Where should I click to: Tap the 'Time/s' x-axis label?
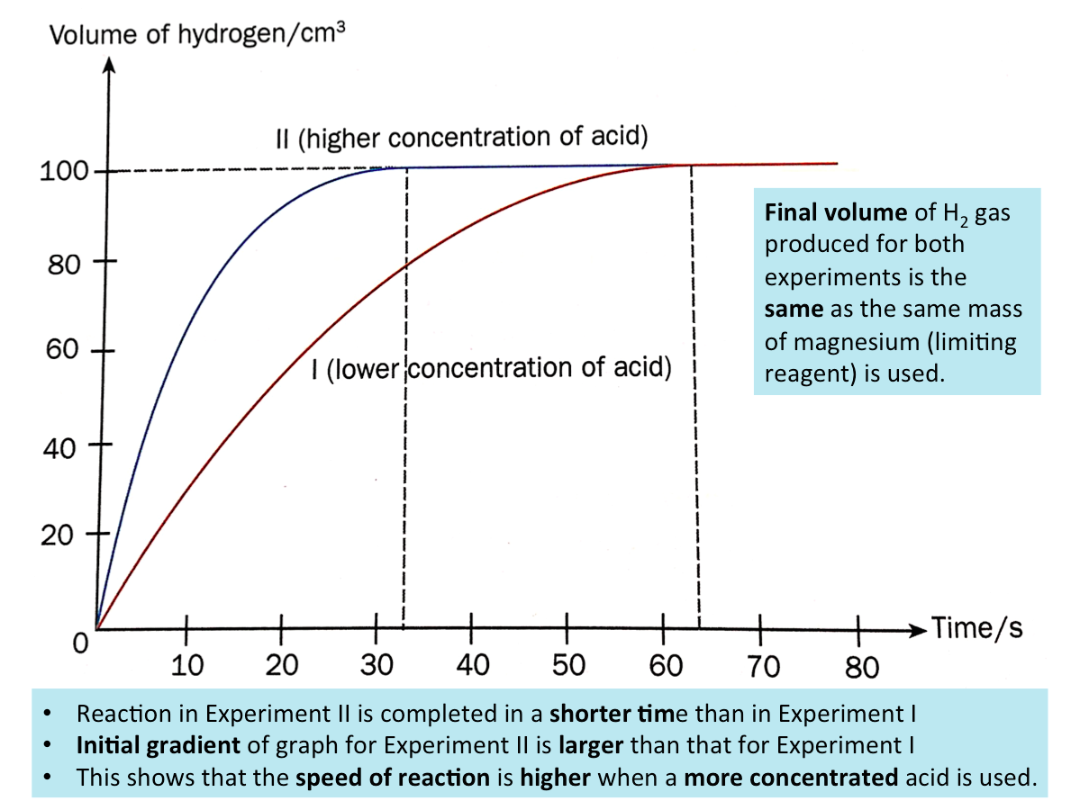click(x=977, y=627)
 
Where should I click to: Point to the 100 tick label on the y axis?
click(x=63, y=171)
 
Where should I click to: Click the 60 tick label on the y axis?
click(x=62, y=350)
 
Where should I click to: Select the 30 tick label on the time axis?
click(x=377, y=666)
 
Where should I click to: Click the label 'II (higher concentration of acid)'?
click(x=461, y=139)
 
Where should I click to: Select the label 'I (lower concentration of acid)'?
click(x=491, y=369)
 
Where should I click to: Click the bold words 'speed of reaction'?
click(x=393, y=777)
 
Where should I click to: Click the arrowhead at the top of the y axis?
click(x=109, y=66)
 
